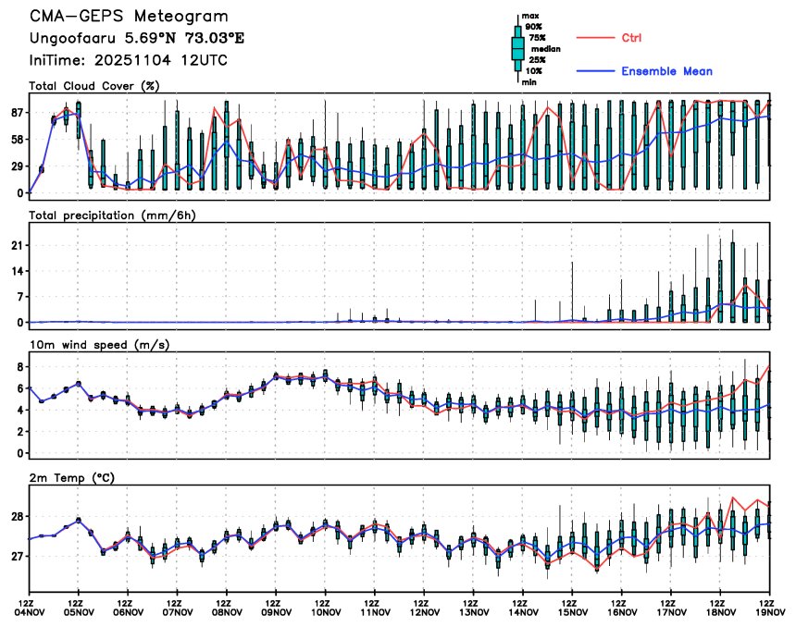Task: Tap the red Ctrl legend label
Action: pyautogui.click(x=631, y=38)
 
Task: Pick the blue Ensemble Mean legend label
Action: pyautogui.click(x=666, y=71)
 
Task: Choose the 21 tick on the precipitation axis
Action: pyautogui.click(x=17, y=245)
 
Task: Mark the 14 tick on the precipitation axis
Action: pyautogui.click(x=17, y=271)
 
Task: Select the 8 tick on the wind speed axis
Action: pyautogui.click(x=19, y=367)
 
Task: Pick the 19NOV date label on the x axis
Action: pyautogui.click(x=770, y=611)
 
